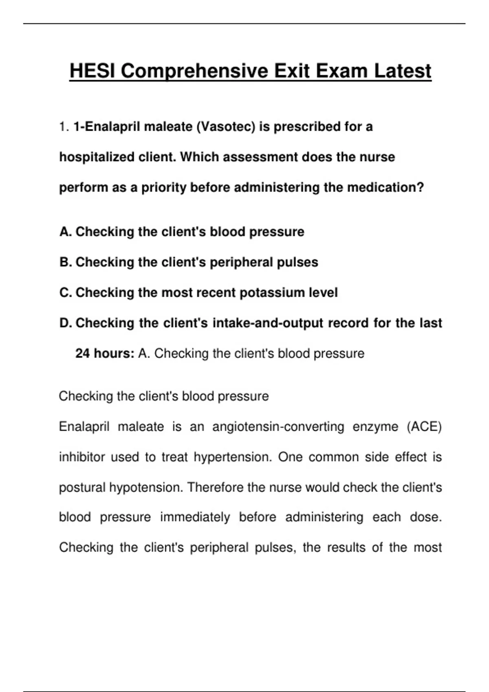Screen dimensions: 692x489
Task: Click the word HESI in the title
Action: pyautogui.click(x=93, y=71)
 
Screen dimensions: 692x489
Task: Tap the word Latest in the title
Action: pyautogui.click(x=403, y=71)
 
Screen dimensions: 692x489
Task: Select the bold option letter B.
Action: pyautogui.click(x=65, y=262)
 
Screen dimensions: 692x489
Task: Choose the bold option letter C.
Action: pyautogui.click(x=65, y=293)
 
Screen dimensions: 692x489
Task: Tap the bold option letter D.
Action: pyautogui.click(x=65, y=323)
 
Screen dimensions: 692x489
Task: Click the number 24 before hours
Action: pyautogui.click(x=82, y=353)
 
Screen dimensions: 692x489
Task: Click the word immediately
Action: pyautogui.click(x=195, y=517)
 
